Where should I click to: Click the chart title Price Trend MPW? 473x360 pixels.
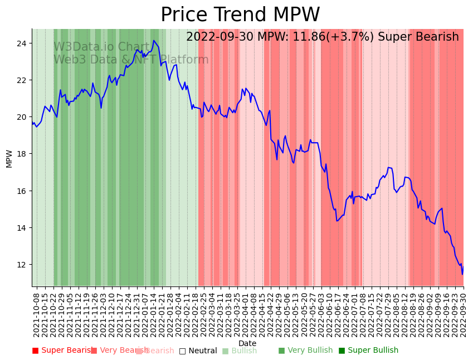240,15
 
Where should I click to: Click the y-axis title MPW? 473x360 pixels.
9,158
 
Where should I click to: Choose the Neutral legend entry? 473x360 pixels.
198,351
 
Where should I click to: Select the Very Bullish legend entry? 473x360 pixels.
305,351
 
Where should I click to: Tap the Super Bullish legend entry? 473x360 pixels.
369,351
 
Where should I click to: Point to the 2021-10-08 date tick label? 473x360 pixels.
37,314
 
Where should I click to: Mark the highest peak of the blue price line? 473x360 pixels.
154,40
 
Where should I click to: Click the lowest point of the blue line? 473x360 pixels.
462,274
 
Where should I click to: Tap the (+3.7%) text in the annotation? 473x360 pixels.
354,37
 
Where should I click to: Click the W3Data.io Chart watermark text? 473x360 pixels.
102,47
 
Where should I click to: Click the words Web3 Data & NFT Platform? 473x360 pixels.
131,60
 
